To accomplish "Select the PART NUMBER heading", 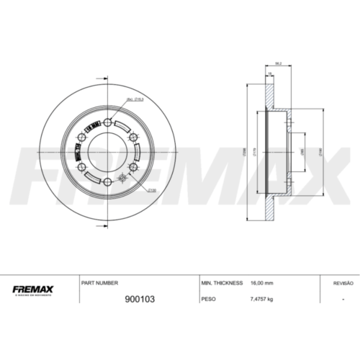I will click(x=100, y=283).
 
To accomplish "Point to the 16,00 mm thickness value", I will click(x=263, y=283).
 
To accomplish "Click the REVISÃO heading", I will click(x=343, y=283).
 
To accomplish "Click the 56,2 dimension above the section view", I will click(x=278, y=63).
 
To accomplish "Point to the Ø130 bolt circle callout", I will click(x=153, y=191).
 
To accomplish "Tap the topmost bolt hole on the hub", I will click(x=107, y=122).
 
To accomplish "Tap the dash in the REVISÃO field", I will click(x=343, y=297).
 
